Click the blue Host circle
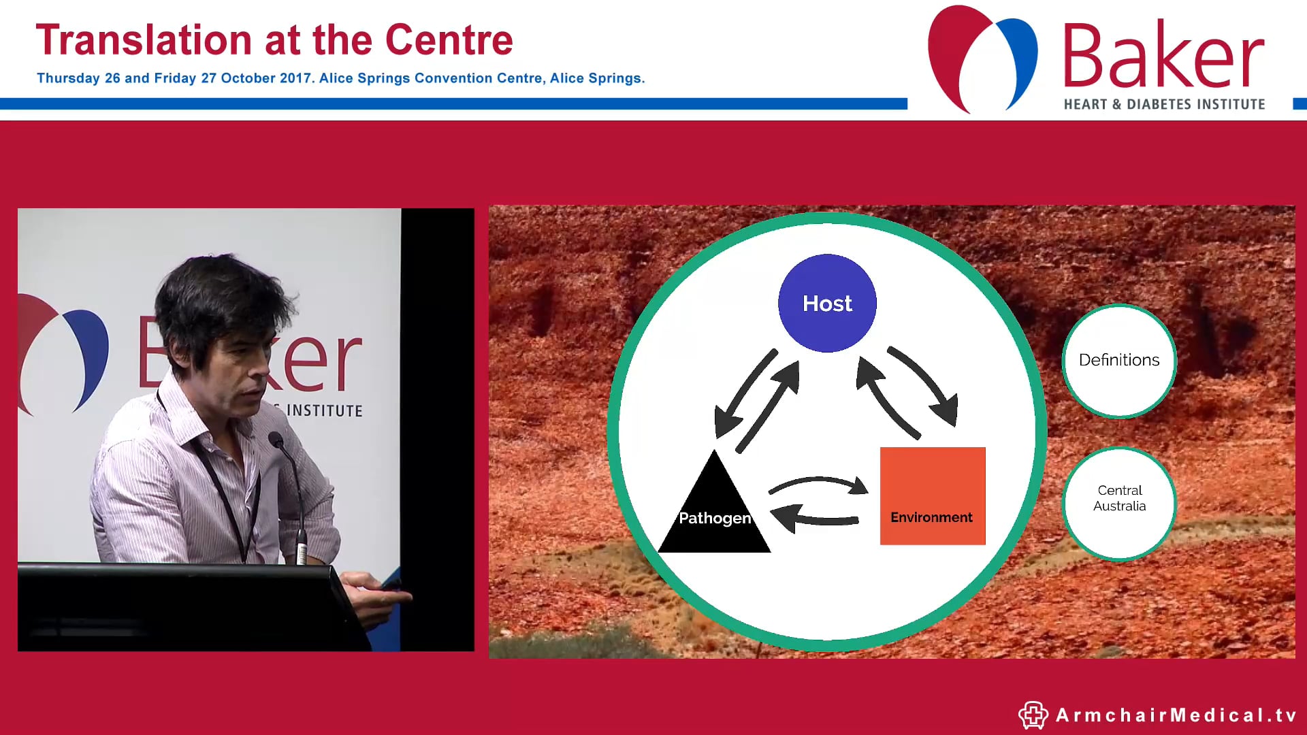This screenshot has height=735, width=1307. click(x=827, y=303)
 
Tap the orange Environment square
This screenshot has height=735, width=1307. click(x=932, y=495)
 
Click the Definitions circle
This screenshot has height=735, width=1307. click(x=1119, y=360)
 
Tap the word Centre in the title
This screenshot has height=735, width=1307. click(x=449, y=41)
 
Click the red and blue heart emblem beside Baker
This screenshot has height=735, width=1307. click(x=982, y=58)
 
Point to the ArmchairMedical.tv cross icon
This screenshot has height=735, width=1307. click(x=1033, y=715)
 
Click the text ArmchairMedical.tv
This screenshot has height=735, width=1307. click(x=1176, y=715)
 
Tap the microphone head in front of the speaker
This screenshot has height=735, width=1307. click(x=276, y=439)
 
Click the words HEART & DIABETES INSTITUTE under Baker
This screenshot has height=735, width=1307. click(x=1164, y=105)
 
